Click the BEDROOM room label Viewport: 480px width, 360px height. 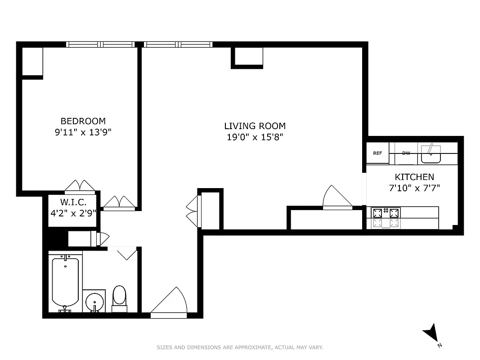pyautogui.click(x=83, y=121)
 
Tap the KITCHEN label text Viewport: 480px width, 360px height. pyautogui.click(x=414, y=177)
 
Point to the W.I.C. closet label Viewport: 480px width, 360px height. pyautogui.click(x=73, y=202)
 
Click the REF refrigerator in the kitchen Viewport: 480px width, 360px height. pyautogui.click(x=377, y=153)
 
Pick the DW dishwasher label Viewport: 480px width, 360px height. pyautogui.click(x=406, y=153)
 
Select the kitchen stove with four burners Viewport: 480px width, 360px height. pyautogui.click(x=386, y=217)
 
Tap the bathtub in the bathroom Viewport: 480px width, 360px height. pyautogui.click(x=65, y=282)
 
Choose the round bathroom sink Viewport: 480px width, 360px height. pyautogui.click(x=94, y=301)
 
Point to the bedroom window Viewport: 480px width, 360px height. pyautogui.click(x=100, y=45)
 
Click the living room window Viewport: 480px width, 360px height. pyautogui.click(x=178, y=45)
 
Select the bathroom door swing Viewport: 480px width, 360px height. pyautogui.click(x=122, y=253)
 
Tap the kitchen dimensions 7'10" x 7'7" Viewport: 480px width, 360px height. pyautogui.click(x=414, y=188)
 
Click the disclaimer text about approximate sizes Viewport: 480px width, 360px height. pyautogui.click(x=240, y=347)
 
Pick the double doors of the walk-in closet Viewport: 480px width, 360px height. pyautogui.click(x=80, y=186)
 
